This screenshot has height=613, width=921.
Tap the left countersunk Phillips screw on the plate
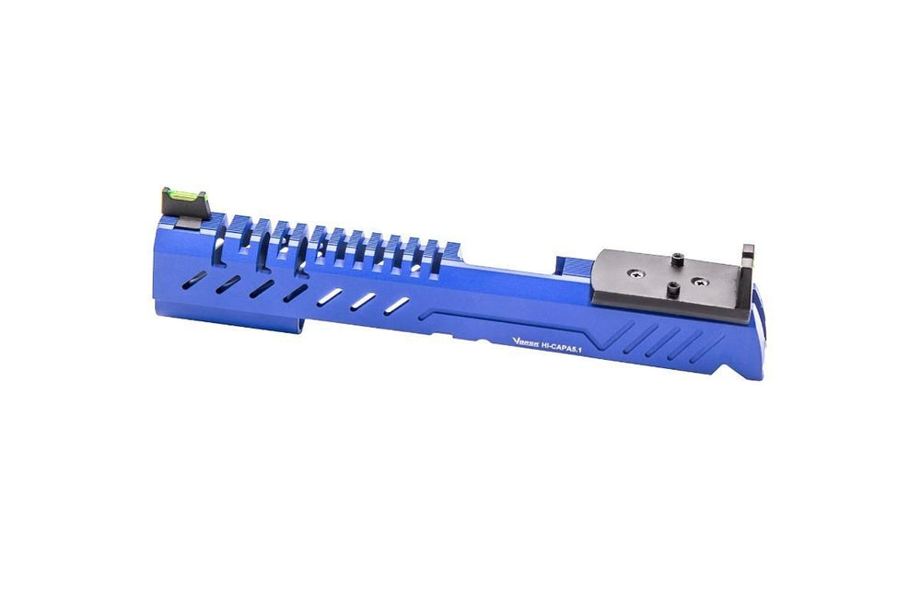pyautogui.click(x=636, y=272)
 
